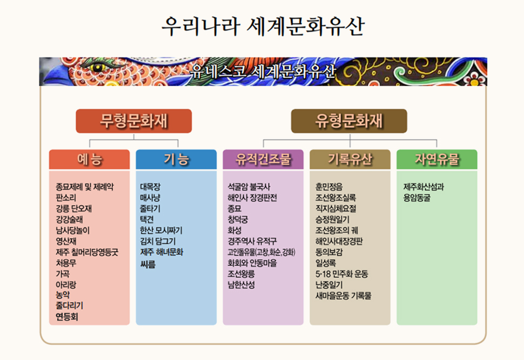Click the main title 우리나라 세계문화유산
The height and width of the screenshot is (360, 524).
(x=263, y=26)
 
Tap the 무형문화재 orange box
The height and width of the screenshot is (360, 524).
(x=133, y=121)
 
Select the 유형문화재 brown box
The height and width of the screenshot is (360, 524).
(x=349, y=121)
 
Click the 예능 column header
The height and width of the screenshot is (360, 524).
(x=89, y=159)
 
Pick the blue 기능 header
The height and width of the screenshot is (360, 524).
(x=176, y=159)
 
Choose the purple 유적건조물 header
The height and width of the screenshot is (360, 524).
(x=263, y=159)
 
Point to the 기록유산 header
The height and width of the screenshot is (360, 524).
(x=350, y=159)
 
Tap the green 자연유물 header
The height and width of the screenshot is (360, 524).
(x=437, y=159)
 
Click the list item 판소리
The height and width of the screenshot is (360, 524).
(x=66, y=198)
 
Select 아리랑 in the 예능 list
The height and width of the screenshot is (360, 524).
(x=66, y=285)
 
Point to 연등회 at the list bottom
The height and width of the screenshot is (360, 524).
(x=67, y=317)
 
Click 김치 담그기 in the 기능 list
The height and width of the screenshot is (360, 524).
(x=158, y=241)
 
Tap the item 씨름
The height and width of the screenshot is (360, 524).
(x=147, y=265)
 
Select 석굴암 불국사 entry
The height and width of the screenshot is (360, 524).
(x=249, y=187)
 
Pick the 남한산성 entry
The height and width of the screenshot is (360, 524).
(x=241, y=285)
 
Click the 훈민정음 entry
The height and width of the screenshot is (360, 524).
(x=329, y=187)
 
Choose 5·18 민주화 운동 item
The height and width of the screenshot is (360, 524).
(x=342, y=274)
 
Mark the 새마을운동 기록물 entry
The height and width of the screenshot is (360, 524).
(x=344, y=296)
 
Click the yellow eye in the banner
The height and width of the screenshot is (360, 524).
(x=97, y=68)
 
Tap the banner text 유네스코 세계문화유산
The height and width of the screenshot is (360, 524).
(x=263, y=71)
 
